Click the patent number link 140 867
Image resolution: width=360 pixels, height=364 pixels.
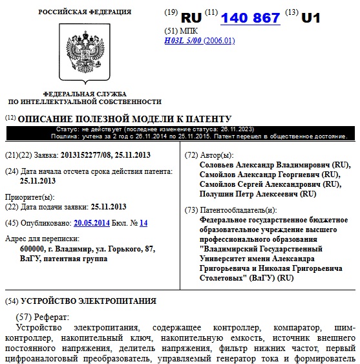[250, 18]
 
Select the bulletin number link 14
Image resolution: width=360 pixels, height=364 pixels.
[143, 223]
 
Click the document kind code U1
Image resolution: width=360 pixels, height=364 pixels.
[311, 18]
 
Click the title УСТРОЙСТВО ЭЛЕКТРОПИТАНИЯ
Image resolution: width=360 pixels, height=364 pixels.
[89, 301]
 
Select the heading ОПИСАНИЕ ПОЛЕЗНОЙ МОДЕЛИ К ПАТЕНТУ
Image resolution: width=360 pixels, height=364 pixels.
[123, 119]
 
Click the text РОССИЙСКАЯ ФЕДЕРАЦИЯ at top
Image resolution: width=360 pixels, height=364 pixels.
[85, 12]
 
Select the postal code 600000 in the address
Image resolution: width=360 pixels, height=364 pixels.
[34, 249]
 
